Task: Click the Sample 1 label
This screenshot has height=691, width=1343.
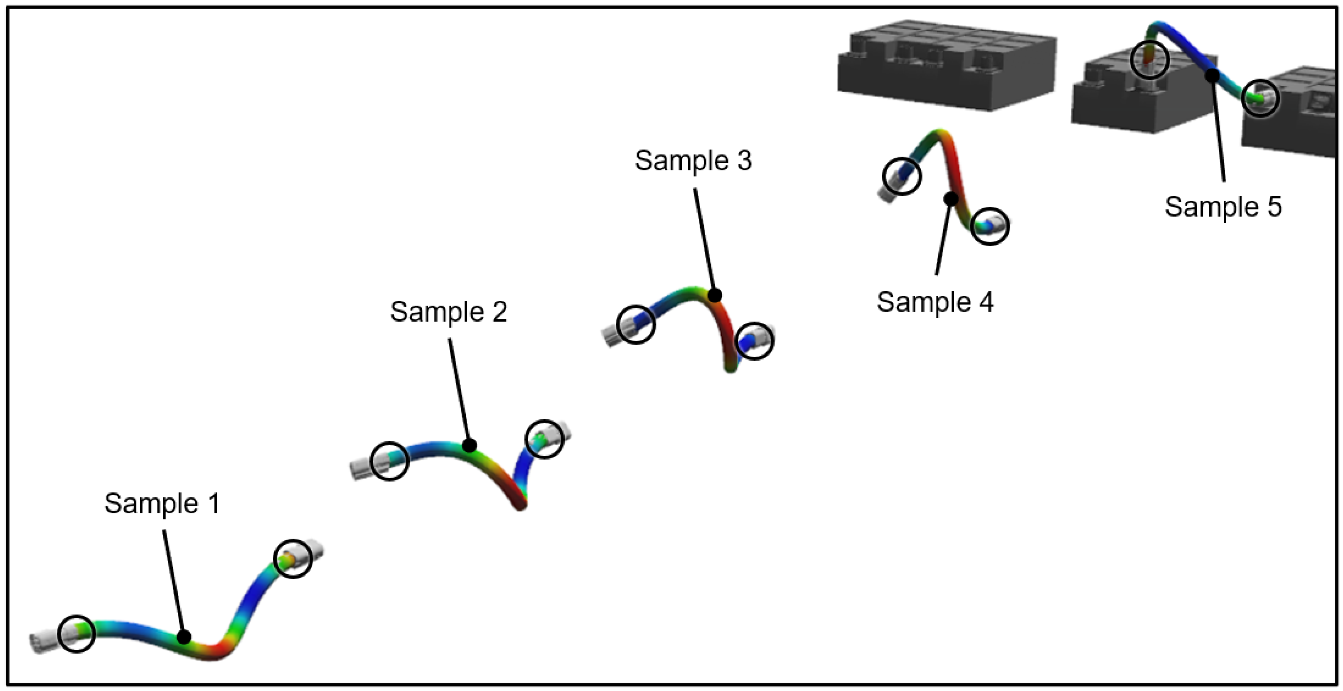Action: (x=162, y=504)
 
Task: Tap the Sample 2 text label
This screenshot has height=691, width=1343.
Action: (x=448, y=312)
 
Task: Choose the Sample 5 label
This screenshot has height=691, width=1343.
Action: (x=1223, y=207)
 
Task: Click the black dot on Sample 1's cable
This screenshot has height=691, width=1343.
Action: (x=184, y=637)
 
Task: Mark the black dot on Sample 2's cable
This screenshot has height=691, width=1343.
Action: (x=469, y=445)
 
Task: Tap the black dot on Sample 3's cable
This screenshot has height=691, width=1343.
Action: (x=715, y=295)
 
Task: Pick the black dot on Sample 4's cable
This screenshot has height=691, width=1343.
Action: (x=951, y=199)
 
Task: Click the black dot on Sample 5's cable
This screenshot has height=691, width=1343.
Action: (x=1213, y=76)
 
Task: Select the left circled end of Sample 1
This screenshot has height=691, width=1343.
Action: (x=76, y=633)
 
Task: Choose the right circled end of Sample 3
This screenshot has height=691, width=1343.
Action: (x=754, y=341)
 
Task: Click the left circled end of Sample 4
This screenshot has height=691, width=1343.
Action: (x=902, y=176)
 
